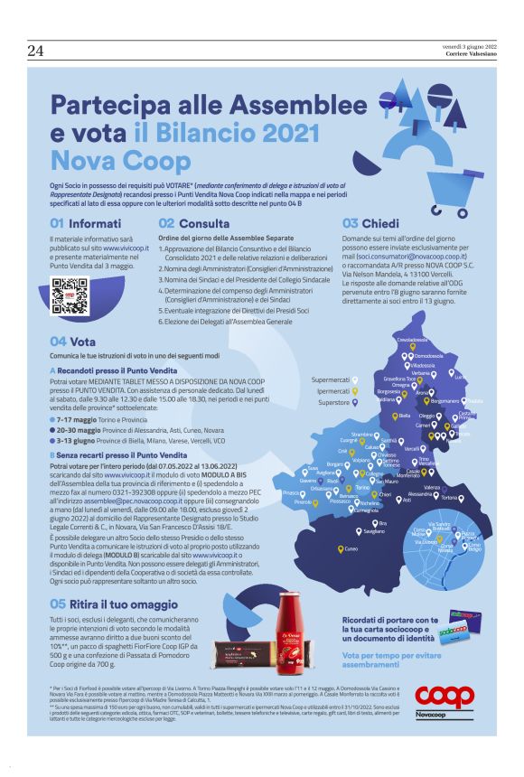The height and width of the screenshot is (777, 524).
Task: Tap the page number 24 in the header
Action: [x=37, y=51]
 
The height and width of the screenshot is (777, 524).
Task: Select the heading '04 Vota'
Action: [x=72, y=343]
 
